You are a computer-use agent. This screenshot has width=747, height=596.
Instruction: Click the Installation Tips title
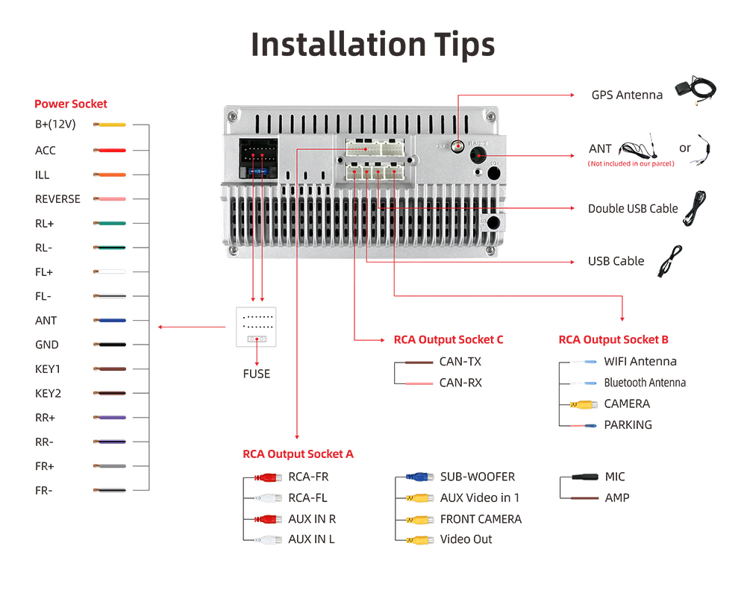pyautogui.click(x=372, y=44)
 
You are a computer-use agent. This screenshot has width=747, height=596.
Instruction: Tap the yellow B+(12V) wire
pyautogui.click(x=110, y=125)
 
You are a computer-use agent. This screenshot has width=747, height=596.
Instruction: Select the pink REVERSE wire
pyautogui.click(x=110, y=199)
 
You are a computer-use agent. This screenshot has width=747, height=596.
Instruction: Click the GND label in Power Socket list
pyautogui.click(x=46, y=345)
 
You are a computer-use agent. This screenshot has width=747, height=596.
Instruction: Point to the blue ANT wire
pyautogui.click(x=110, y=321)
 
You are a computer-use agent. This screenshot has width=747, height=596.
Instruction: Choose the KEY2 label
pyautogui.click(x=48, y=393)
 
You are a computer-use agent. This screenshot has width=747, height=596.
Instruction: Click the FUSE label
pyautogui.click(x=256, y=374)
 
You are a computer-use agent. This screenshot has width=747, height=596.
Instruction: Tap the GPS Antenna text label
pyautogui.click(x=627, y=95)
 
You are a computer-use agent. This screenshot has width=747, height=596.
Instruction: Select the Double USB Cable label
pyautogui.click(x=633, y=209)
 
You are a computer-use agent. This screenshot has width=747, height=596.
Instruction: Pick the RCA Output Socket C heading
pyautogui.click(x=448, y=339)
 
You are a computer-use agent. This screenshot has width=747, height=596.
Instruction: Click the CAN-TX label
pyautogui.click(x=460, y=362)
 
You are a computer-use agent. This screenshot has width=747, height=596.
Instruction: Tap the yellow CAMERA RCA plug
pyautogui.click(x=584, y=404)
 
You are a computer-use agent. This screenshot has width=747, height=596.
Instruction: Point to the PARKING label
pyautogui.click(x=628, y=424)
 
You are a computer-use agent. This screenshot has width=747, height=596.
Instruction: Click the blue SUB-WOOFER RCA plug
pyautogui.click(x=419, y=477)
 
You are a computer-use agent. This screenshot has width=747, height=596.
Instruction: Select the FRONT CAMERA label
pyautogui.click(x=481, y=519)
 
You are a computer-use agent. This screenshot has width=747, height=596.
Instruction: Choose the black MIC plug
pyautogui.click(x=584, y=477)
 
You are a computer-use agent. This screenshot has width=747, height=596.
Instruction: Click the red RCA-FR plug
pyautogui.click(x=268, y=477)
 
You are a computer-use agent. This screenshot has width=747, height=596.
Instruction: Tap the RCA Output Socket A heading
pyautogui.click(x=298, y=454)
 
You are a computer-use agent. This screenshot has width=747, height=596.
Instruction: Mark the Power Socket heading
pyautogui.click(x=71, y=104)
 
